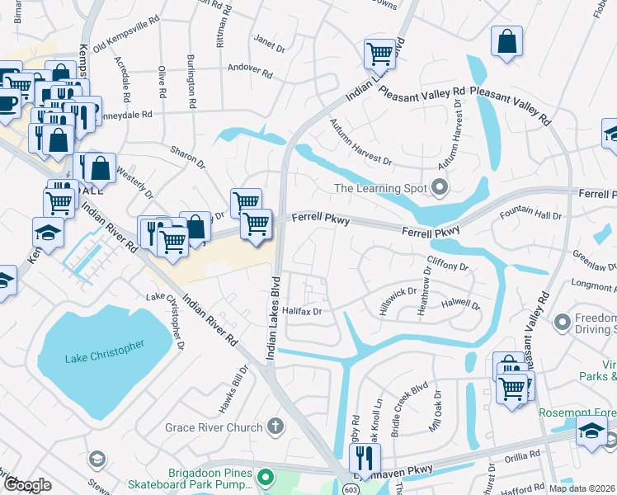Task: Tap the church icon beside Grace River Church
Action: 276,427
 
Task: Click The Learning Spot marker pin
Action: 440,189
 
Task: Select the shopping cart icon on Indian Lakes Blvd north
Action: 379,54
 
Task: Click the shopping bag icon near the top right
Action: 506,41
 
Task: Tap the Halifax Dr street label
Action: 302,311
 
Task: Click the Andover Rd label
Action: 249,70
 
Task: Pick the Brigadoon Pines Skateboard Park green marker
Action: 264,477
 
